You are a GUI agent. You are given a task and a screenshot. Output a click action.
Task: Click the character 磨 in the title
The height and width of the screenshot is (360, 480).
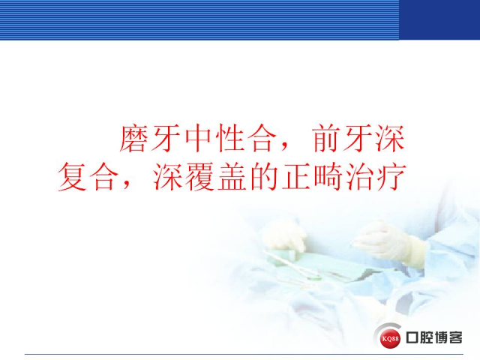pyautogui.click(x=133, y=138)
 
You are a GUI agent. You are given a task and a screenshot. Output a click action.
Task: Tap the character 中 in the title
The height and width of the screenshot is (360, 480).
pyautogui.click(x=198, y=138)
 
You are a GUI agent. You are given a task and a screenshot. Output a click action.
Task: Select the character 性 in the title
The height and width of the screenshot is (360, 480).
pyautogui.click(x=229, y=138)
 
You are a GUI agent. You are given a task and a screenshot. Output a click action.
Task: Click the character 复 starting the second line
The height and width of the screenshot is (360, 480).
pyautogui.click(x=72, y=177)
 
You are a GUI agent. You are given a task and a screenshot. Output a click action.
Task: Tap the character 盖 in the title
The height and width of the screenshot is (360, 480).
pyautogui.click(x=232, y=177)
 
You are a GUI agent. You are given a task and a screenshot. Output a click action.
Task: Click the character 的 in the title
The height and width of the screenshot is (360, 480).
pyautogui.click(x=263, y=177)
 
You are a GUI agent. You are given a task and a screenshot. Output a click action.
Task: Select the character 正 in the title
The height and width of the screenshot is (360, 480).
pyautogui.click(x=295, y=177)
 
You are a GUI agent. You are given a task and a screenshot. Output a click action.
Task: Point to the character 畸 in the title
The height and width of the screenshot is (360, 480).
pyautogui.click(x=328, y=177)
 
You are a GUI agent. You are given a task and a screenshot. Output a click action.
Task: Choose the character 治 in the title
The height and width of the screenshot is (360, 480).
pyautogui.click(x=359, y=177)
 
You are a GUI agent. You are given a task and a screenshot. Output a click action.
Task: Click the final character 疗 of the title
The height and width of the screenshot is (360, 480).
pyautogui.click(x=391, y=177)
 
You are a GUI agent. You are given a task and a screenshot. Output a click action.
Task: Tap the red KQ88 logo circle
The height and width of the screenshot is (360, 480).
pyautogui.click(x=391, y=338)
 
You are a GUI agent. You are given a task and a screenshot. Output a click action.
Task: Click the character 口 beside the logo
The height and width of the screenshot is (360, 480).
pyautogui.click(x=412, y=337)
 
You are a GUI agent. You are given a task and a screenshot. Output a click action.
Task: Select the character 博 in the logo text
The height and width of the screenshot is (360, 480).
pyautogui.click(x=441, y=337)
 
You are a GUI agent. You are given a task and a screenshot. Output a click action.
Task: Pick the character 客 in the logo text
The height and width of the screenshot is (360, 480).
pyautogui.click(x=456, y=337)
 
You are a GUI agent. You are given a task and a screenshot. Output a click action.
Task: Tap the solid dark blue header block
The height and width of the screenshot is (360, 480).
pyautogui.click(x=439, y=20)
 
